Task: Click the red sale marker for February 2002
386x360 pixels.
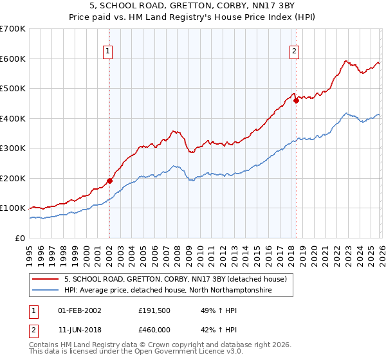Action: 109,181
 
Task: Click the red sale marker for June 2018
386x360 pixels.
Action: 296,100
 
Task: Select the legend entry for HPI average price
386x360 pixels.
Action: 168,291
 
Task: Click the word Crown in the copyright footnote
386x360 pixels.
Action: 163,345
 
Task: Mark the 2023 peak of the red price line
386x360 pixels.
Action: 345,61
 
